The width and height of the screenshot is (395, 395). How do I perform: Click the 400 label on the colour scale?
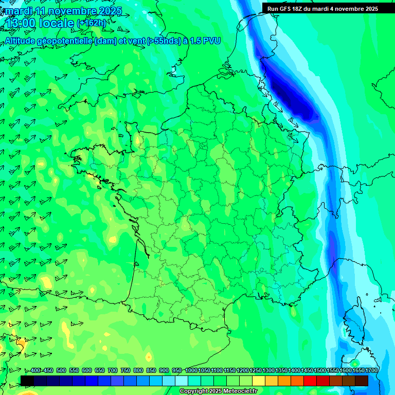(x=35, y=370)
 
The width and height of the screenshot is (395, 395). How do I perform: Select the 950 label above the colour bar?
(x=177, y=370)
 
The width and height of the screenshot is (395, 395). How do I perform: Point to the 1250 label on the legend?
(x=256, y=370)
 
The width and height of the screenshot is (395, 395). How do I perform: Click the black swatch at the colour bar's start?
(x=27, y=381)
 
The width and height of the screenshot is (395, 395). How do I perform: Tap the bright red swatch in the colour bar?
(x=310, y=381)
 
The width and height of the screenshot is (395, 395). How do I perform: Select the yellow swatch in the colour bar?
(x=259, y=381)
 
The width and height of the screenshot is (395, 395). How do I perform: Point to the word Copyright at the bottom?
(x=193, y=391)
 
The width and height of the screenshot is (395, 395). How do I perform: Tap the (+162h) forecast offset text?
(x=91, y=23)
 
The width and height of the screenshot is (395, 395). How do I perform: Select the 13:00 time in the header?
(x=21, y=23)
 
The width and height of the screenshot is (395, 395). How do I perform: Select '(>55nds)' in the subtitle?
(x=159, y=41)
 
